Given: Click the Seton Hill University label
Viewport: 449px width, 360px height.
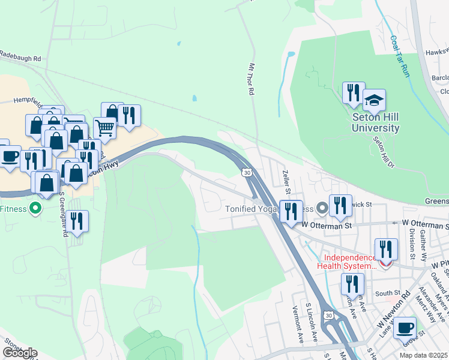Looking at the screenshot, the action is point(376,123).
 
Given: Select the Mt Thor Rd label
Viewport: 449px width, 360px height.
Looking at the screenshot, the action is point(252,78).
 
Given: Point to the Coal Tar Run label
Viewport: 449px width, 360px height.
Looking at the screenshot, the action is point(400,56).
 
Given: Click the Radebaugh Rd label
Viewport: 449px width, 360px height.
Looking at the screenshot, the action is point(20,59).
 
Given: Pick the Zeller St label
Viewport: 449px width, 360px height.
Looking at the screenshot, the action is point(286,181).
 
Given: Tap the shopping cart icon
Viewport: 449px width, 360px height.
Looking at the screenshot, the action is point(104,128).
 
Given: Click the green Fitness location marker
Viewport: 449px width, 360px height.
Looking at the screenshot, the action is point(35,209).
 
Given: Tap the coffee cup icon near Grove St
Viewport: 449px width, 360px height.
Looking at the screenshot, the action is point(405,328).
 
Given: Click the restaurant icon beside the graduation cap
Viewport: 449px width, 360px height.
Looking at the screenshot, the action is point(353,92).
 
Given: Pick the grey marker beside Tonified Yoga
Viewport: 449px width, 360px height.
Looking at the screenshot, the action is point(322,209).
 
